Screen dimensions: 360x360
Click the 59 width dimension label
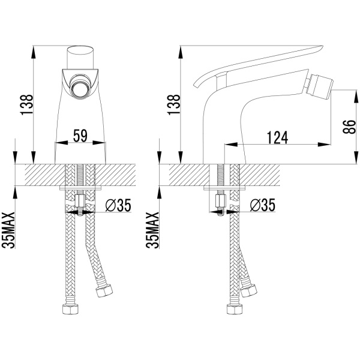click(80, 136)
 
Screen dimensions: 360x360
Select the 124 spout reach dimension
click(277, 138)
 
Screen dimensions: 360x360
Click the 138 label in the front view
click(27, 104)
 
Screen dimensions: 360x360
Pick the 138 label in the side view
click(174, 104)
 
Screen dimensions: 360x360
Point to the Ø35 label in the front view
click(118, 205)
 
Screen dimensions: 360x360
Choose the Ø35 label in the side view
click(262, 205)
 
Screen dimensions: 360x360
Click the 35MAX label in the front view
click(8, 230)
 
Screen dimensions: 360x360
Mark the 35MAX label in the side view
click(152, 230)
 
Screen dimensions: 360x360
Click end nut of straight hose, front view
click(70, 309)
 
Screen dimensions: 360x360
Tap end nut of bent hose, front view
click(104, 290)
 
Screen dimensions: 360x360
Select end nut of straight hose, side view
click(235, 309)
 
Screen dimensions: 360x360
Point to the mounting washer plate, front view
click(80, 188)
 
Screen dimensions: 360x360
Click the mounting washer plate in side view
click(225, 188)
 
